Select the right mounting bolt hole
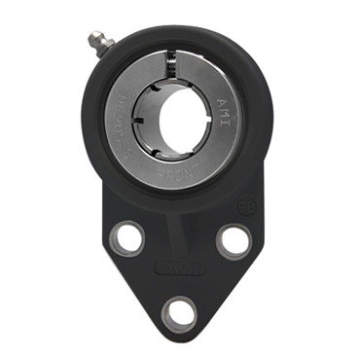[232, 239]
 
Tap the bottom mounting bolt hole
[178, 311]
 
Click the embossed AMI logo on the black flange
[179, 263]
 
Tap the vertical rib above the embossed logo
[179, 234]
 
